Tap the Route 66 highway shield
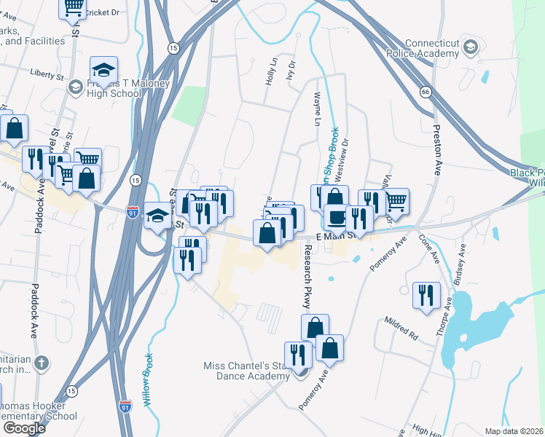point(425,92)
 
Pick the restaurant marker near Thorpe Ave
point(426,295)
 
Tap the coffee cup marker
point(337,217)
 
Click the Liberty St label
point(48,74)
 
